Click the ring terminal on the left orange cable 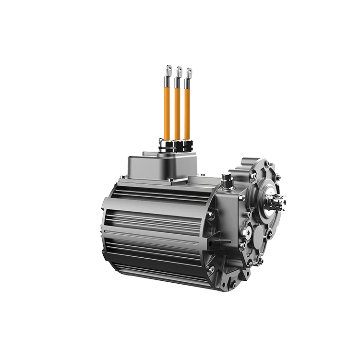[x=168, y=70]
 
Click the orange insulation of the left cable [x=167, y=110]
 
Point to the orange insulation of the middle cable [x=177, y=113]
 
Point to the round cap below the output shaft [x=260, y=236]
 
